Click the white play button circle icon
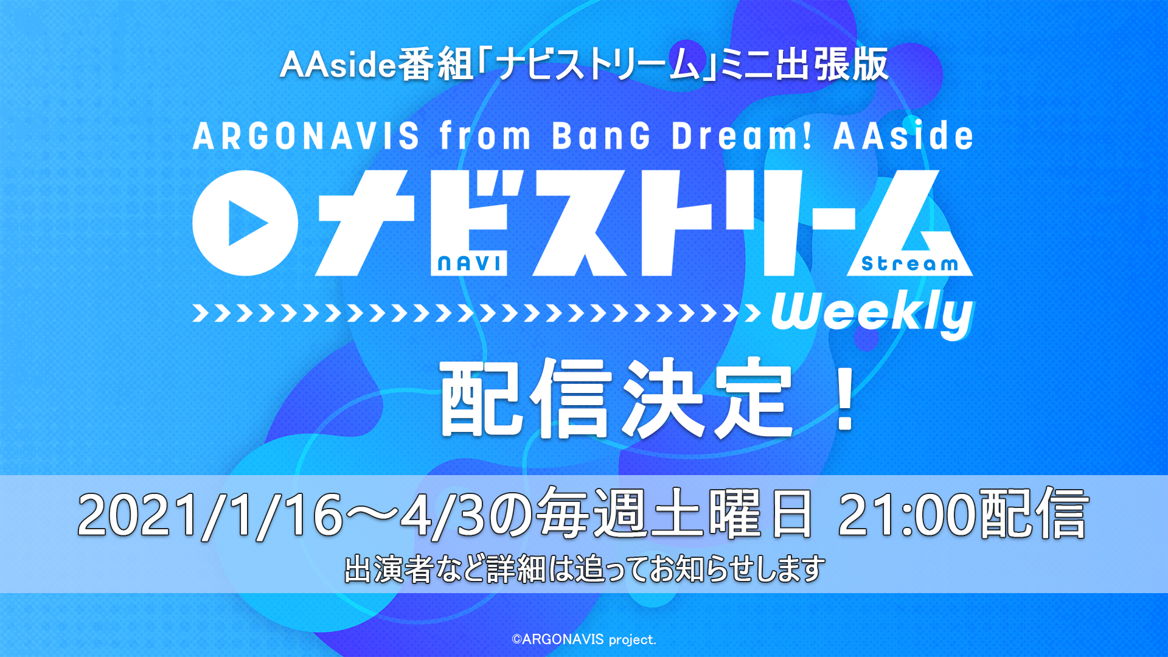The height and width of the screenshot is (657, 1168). (245, 223)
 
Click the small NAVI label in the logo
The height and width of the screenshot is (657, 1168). (469, 263)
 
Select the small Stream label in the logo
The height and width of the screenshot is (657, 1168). (909, 263)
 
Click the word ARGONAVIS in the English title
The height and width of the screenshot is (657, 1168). (306, 135)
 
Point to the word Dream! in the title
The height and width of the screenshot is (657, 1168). (742, 135)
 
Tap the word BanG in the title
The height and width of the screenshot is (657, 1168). (602, 135)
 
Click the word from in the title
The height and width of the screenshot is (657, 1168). (485, 135)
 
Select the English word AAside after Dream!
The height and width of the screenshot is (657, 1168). (903, 135)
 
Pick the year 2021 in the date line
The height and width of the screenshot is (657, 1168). (139, 515)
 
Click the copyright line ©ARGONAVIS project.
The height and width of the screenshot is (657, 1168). (584, 639)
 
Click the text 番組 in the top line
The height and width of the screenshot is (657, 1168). (436, 64)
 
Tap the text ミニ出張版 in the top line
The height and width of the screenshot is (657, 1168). (804, 64)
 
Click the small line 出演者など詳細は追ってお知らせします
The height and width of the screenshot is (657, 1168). (585, 569)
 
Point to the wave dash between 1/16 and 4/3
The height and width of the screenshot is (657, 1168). (372, 516)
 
